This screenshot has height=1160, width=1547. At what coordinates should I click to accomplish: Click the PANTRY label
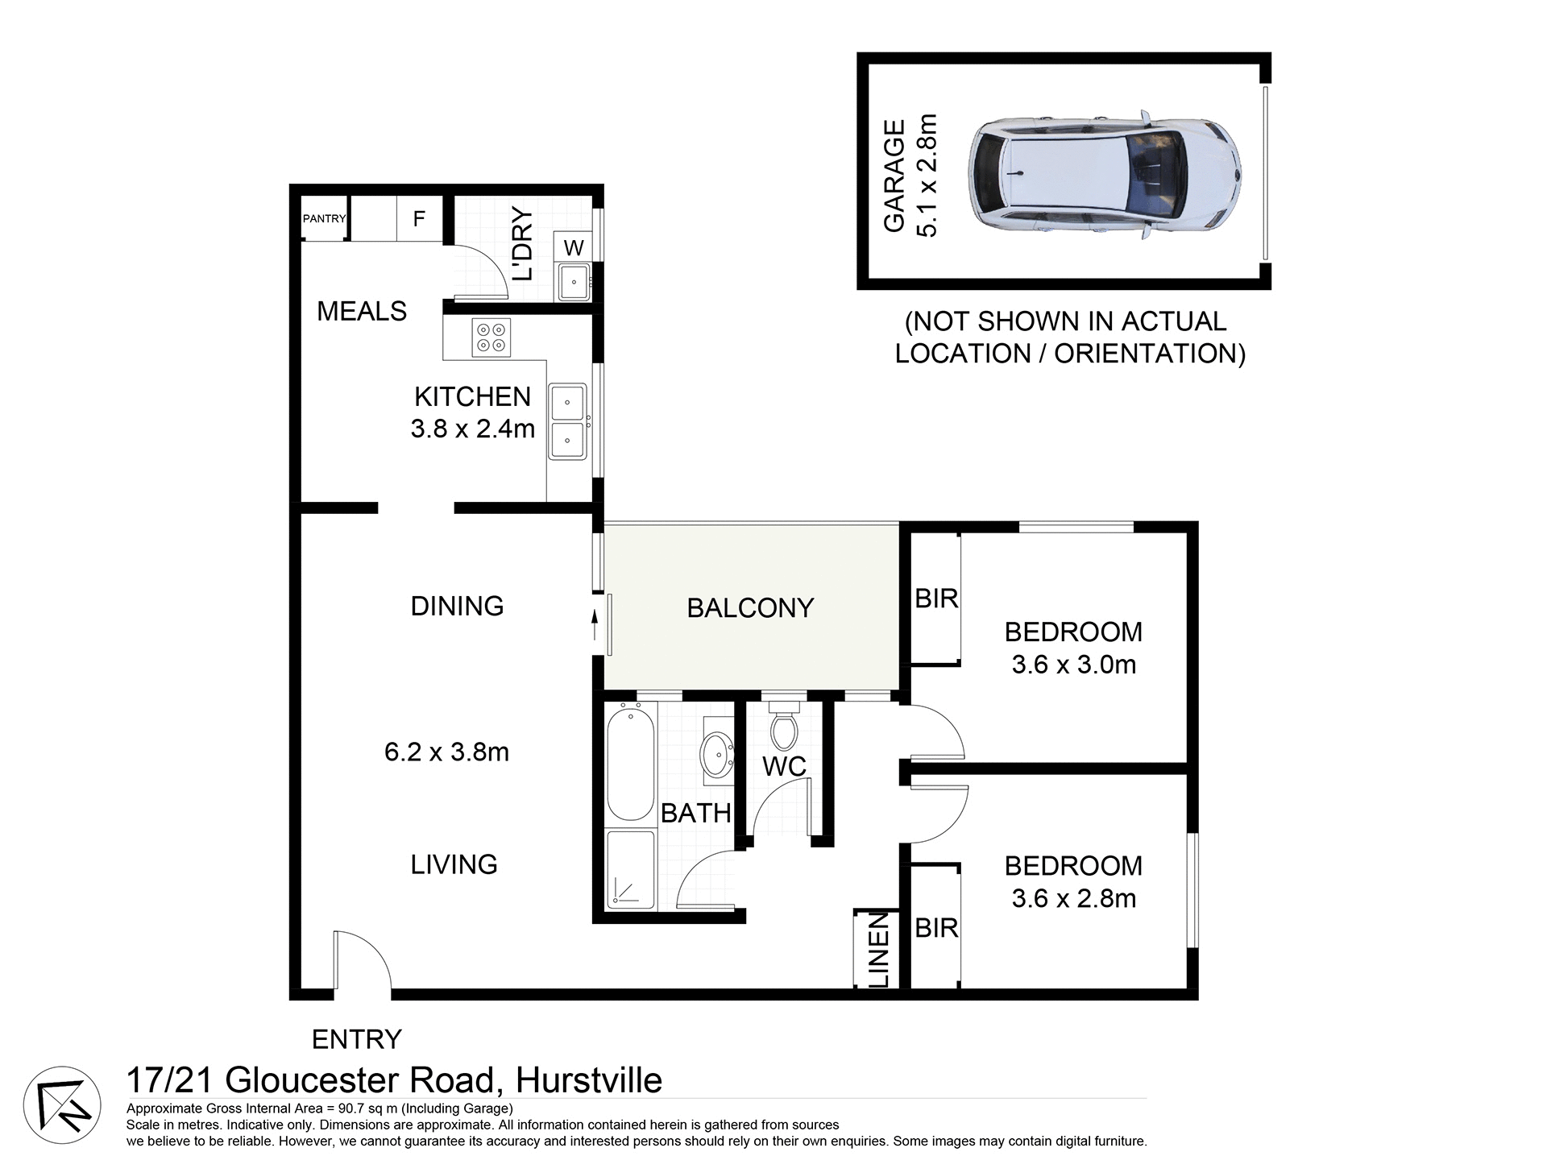click(x=324, y=218)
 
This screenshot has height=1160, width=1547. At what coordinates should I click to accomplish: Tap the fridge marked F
click(x=419, y=218)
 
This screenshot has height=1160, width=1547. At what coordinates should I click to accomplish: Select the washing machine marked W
click(x=574, y=247)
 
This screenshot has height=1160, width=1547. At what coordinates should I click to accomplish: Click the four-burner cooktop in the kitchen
click(x=491, y=338)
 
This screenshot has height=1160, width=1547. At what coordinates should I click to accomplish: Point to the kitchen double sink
click(x=568, y=421)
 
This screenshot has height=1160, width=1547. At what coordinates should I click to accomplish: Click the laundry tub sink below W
click(x=574, y=282)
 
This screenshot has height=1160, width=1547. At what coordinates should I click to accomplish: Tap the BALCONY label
click(x=750, y=608)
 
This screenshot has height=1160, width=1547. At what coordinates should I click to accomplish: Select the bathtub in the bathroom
click(x=630, y=762)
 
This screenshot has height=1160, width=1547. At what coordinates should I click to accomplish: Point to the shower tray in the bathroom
click(x=630, y=870)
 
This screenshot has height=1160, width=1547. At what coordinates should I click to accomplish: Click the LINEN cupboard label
click(x=879, y=950)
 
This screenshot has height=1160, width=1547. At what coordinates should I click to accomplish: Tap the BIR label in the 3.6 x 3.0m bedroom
click(x=936, y=599)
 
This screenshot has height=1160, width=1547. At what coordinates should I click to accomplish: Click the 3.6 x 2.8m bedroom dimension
click(x=1073, y=898)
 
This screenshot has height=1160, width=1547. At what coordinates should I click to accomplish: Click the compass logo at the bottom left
click(x=63, y=1105)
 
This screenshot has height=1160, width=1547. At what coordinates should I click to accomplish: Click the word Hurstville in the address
click(x=589, y=1080)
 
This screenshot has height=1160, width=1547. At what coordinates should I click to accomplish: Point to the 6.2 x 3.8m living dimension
click(x=446, y=752)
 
